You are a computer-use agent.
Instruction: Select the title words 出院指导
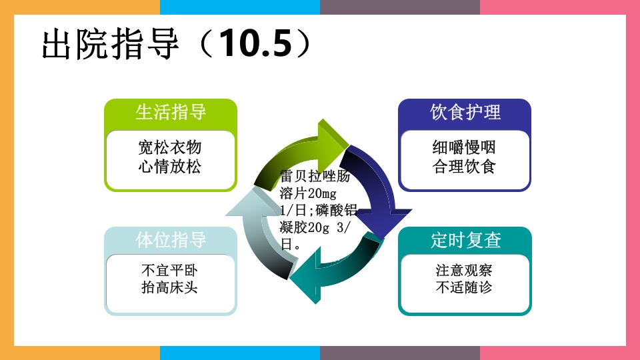pyautogui.click(x=110, y=44)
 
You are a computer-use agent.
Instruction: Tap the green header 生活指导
pyautogui.click(x=171, y=111)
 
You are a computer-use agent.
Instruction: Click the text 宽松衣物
pyautogui.click(x=170, y=147)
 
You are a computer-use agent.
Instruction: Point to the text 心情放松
pyautogui.click(x=170, y=167)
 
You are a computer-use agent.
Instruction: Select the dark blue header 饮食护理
pyautogui.click(x=465, y=111)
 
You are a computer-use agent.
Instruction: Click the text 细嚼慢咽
pyautogui.click(x=464, y=147)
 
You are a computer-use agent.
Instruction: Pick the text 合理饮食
pyautogui.click(x=464, y=167)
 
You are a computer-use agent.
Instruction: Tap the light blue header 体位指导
pyautogui.click(x=171, y=240)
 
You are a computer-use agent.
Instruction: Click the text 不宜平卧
pyautogui.click(x=170, y=271)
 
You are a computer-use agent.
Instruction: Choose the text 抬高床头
pyautogui.click(x=170, y=288)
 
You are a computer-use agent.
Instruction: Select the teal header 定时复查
pyautogui.click(x=465, y=240)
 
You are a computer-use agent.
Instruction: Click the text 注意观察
pyautogui.click(x=464, y=271)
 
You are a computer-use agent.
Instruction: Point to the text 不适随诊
pyautogui.click(x=464, y=288)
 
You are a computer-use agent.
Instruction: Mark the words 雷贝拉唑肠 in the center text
pyautogui.click(x=315, y=177)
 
